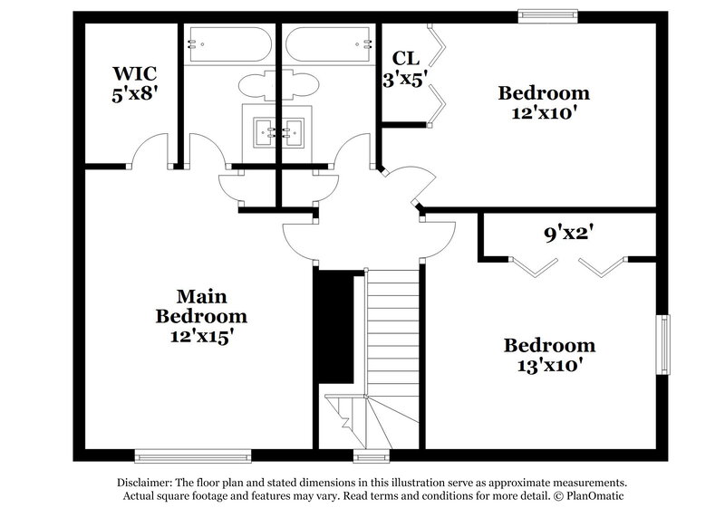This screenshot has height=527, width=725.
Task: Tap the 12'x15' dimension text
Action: (x=201, y=336)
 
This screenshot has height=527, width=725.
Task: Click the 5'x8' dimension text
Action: (x=130, y=93)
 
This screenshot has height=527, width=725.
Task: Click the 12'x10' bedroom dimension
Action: (x=545, y=113)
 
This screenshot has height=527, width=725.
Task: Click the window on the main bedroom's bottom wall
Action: (x=192, y=455)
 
